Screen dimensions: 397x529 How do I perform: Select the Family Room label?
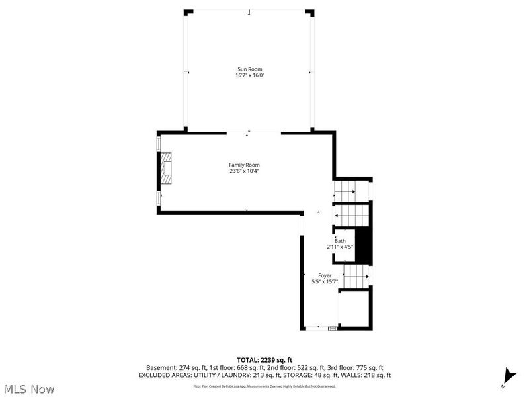point(244,165)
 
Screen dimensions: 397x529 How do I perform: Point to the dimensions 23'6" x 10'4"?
point(244,171)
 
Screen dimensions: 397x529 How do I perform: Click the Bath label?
point(340,241)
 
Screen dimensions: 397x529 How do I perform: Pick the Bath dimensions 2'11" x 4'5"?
point(340,247)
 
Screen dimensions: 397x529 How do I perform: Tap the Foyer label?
point(325,275)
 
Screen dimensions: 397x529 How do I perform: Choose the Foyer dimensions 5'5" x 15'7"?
point(325,282)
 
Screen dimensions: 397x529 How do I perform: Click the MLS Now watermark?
point(28,388)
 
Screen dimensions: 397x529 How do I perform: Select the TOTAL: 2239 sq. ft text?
point(264,360)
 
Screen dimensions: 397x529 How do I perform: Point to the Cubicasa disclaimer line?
point(264,386)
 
